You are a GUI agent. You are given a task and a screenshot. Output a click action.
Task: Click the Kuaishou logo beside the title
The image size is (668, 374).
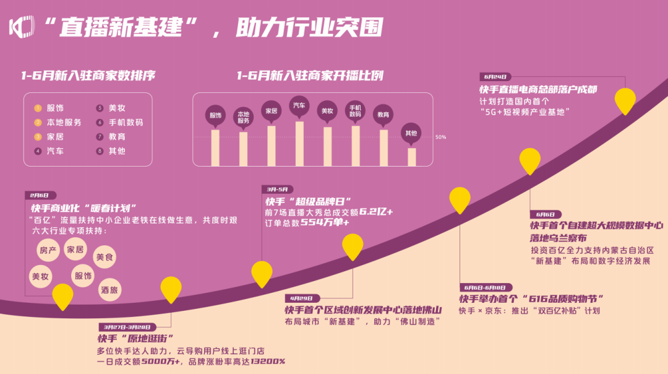[21, 27]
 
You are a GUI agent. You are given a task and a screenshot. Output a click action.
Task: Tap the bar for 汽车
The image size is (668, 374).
[299, 144]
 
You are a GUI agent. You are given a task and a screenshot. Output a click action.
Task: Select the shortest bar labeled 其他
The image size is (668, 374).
[411, 157]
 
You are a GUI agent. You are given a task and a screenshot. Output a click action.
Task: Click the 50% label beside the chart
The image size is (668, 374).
[440, 137]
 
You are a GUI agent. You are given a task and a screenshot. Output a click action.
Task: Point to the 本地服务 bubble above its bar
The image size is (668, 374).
[243, 117]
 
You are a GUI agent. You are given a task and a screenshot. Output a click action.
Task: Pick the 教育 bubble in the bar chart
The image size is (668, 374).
[383, 115]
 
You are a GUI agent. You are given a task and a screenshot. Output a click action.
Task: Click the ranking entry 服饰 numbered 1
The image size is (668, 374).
[49, 108]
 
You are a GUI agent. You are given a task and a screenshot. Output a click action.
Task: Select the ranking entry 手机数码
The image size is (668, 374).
[120, 123]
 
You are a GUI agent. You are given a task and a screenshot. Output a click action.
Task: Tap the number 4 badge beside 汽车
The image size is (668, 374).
[38, 151]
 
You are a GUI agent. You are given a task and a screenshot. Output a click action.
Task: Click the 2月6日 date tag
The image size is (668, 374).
[40, 195]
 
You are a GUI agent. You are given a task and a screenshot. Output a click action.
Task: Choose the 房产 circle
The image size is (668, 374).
[48, 250]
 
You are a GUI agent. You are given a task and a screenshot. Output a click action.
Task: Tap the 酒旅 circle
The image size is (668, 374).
[109, 290]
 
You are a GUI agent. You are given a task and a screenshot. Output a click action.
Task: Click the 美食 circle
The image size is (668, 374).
[105, 257]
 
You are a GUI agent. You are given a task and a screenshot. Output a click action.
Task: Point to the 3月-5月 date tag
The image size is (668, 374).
[277, 189]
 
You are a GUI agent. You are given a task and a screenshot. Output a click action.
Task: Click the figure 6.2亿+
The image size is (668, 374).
[376, 212]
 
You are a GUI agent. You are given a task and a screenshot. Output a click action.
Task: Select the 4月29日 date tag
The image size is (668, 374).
[302, 298]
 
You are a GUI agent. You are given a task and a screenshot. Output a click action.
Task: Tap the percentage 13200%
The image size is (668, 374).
[268, 362]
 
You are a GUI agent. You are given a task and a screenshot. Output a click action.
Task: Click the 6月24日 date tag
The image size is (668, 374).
[495, 77]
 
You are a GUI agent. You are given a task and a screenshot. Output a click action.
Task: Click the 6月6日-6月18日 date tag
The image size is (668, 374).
[486, 287]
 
